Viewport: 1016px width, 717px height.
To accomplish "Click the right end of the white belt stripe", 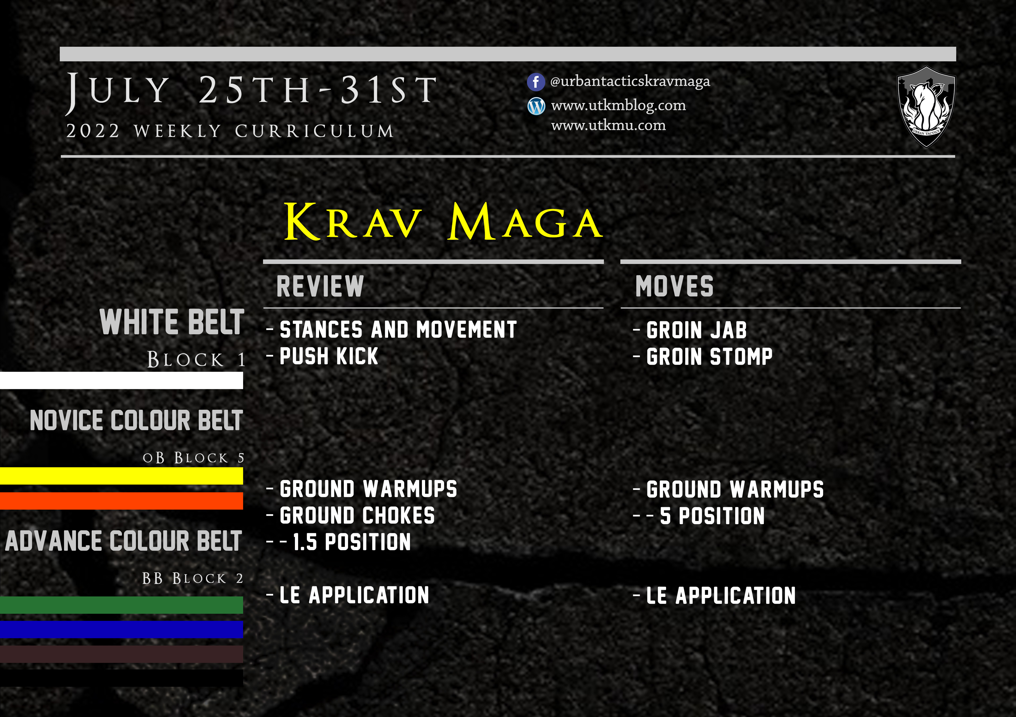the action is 243,380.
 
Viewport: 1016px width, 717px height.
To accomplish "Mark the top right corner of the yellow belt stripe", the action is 243,468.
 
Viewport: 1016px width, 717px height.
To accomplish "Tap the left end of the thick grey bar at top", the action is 60,54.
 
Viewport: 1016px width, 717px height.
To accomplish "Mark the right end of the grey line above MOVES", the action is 961,262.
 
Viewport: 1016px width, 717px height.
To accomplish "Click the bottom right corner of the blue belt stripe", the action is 243,638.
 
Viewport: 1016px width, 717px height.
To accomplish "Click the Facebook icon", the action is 535,82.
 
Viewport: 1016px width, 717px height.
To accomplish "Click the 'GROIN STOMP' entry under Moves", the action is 709,357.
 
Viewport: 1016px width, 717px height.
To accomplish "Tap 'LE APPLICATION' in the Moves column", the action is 721,595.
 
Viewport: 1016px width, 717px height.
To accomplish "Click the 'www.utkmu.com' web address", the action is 608,126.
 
